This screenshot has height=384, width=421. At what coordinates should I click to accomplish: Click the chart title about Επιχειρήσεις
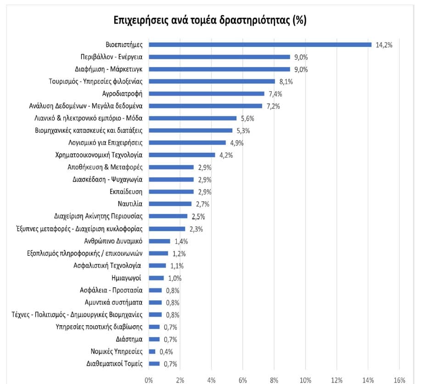(210, 21)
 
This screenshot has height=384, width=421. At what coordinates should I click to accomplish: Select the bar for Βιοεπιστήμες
(260, 45)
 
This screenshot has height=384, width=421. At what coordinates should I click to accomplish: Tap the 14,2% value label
(384, 45)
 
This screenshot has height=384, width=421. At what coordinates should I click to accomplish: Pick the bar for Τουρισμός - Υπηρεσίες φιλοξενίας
(212, 81)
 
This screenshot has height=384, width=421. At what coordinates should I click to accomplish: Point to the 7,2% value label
(273, 106)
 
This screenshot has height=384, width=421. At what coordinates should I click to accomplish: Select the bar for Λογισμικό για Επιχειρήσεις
(187, 143)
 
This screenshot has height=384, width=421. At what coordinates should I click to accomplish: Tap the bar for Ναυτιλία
(170, 204)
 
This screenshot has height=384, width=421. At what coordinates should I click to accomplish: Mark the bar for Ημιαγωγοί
(156, 278)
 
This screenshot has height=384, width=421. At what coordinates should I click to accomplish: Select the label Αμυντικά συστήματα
(113, 302)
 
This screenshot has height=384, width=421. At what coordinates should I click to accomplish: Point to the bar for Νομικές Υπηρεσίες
(152, 351)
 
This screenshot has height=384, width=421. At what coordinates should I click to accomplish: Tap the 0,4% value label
(166, 352)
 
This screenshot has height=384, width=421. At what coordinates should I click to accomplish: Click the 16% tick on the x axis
(399, 379)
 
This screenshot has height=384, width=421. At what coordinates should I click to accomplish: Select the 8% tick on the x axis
(274, 379)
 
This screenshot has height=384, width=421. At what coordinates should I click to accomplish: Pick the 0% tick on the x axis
(149, 379)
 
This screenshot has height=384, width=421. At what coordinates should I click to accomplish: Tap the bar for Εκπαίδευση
(171, 192)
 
